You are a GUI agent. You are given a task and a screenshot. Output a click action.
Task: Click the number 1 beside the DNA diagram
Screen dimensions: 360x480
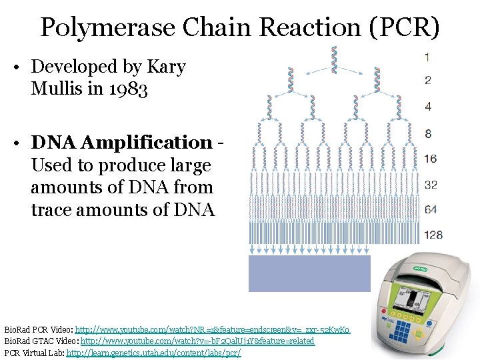coord(427,57)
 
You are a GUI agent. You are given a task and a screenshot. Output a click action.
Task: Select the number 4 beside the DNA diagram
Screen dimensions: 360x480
coord(427,106)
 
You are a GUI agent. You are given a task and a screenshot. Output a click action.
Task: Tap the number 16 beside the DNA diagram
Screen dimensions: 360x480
coord(430,158)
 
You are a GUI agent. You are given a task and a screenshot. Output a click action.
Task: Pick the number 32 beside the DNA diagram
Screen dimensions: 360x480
coord(431,184)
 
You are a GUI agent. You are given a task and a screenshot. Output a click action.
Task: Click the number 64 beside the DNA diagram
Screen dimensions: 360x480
coord(431,209)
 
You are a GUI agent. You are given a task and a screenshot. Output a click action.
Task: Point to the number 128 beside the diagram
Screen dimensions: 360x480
coord(433,235)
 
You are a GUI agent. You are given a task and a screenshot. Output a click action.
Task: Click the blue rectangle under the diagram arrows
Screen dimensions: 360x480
coord(309,273)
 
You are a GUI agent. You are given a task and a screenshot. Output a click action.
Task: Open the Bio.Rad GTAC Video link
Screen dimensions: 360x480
coord(197,341)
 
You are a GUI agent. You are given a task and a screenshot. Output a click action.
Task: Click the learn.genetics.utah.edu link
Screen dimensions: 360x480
coord(153,352)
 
